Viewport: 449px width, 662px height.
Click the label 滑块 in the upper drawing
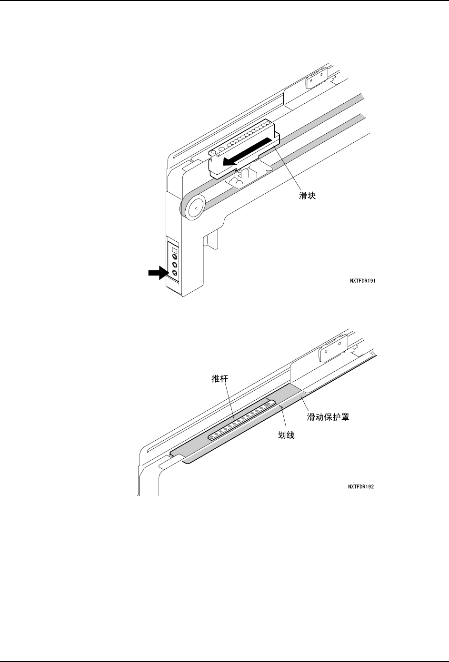(307, 196)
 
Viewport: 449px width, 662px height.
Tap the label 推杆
(220, 378)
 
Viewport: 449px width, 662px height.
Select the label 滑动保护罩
(328, 417)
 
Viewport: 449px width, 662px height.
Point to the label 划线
(286, 435)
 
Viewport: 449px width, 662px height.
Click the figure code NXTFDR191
(363, 281)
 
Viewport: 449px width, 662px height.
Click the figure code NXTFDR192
(361, 487)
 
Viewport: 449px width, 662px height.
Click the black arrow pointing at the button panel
(159, 273)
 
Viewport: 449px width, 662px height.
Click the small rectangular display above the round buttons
(174, 250)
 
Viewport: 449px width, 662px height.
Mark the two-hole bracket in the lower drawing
(333, 348)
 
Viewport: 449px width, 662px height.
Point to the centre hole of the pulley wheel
(196, 208)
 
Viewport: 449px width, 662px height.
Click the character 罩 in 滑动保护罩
(345, 417)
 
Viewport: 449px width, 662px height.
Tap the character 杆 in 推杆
(224, 378)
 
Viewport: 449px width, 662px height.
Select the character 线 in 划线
(290, 435)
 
